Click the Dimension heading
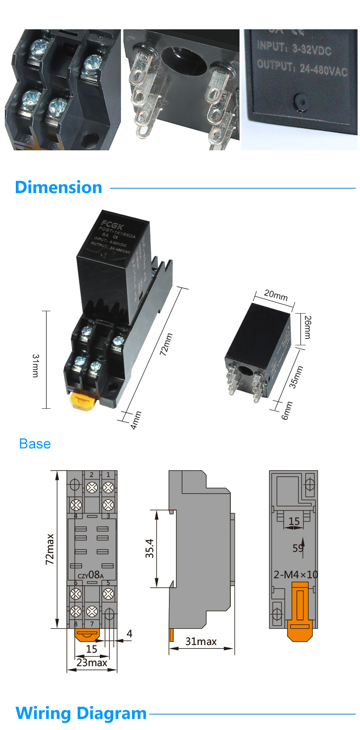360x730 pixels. pyautogui.click(x=59, y=187)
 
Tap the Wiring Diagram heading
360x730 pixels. pyautogui.click(x=81, y=713)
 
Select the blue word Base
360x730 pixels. pyautogui.click(x=35, y=444)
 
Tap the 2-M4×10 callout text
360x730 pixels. pyautogui.click(x=296, y=574)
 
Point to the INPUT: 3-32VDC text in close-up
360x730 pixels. pyautogui.click(x=294, y=49)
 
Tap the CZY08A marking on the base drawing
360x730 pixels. pyautogui.click(x=90, y=574)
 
